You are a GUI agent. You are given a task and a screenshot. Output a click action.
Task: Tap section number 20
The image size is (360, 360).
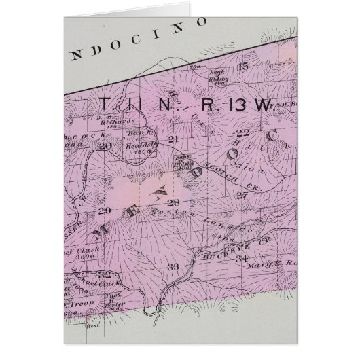tap(104, 145)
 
